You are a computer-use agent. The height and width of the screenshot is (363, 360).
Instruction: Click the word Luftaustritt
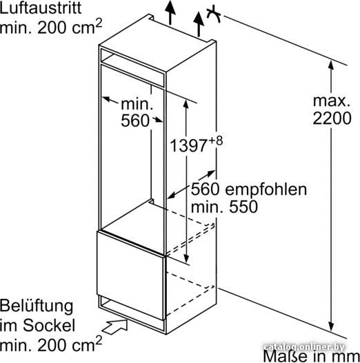click(41, 8)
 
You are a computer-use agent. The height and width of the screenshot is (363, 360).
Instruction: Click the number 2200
click(332, 118)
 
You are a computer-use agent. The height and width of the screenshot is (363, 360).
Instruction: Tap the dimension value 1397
click(188, 146)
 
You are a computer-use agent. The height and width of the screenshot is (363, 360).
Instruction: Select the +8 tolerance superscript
click(216, 141)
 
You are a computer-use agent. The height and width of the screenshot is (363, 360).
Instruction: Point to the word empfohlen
click(266, 190)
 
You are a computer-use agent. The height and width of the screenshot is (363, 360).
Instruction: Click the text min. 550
click(224, 207)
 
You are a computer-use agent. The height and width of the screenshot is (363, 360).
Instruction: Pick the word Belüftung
click(37, 307)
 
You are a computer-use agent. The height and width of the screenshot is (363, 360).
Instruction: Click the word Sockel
click(49, 325)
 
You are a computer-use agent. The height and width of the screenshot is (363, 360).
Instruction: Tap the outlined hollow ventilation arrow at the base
click(115, 326)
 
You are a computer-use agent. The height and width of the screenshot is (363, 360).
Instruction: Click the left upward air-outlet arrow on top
click(170, 12)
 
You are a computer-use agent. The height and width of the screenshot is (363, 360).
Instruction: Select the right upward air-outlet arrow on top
click(199, 24)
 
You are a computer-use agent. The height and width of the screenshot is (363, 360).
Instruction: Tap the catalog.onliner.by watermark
click(304, 347)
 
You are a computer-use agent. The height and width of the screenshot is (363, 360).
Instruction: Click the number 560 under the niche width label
click(135, 121)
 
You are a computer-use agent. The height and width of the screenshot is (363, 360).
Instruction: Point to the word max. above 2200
click(332, 101)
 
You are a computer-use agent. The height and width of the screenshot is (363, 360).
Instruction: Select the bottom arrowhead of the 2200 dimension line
click(331, 326)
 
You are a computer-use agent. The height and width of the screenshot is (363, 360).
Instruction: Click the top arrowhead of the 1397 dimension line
click(186, 104)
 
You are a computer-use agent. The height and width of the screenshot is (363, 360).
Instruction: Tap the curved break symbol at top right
click(214, 13)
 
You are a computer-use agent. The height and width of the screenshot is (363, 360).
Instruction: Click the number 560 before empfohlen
click(205, 189)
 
